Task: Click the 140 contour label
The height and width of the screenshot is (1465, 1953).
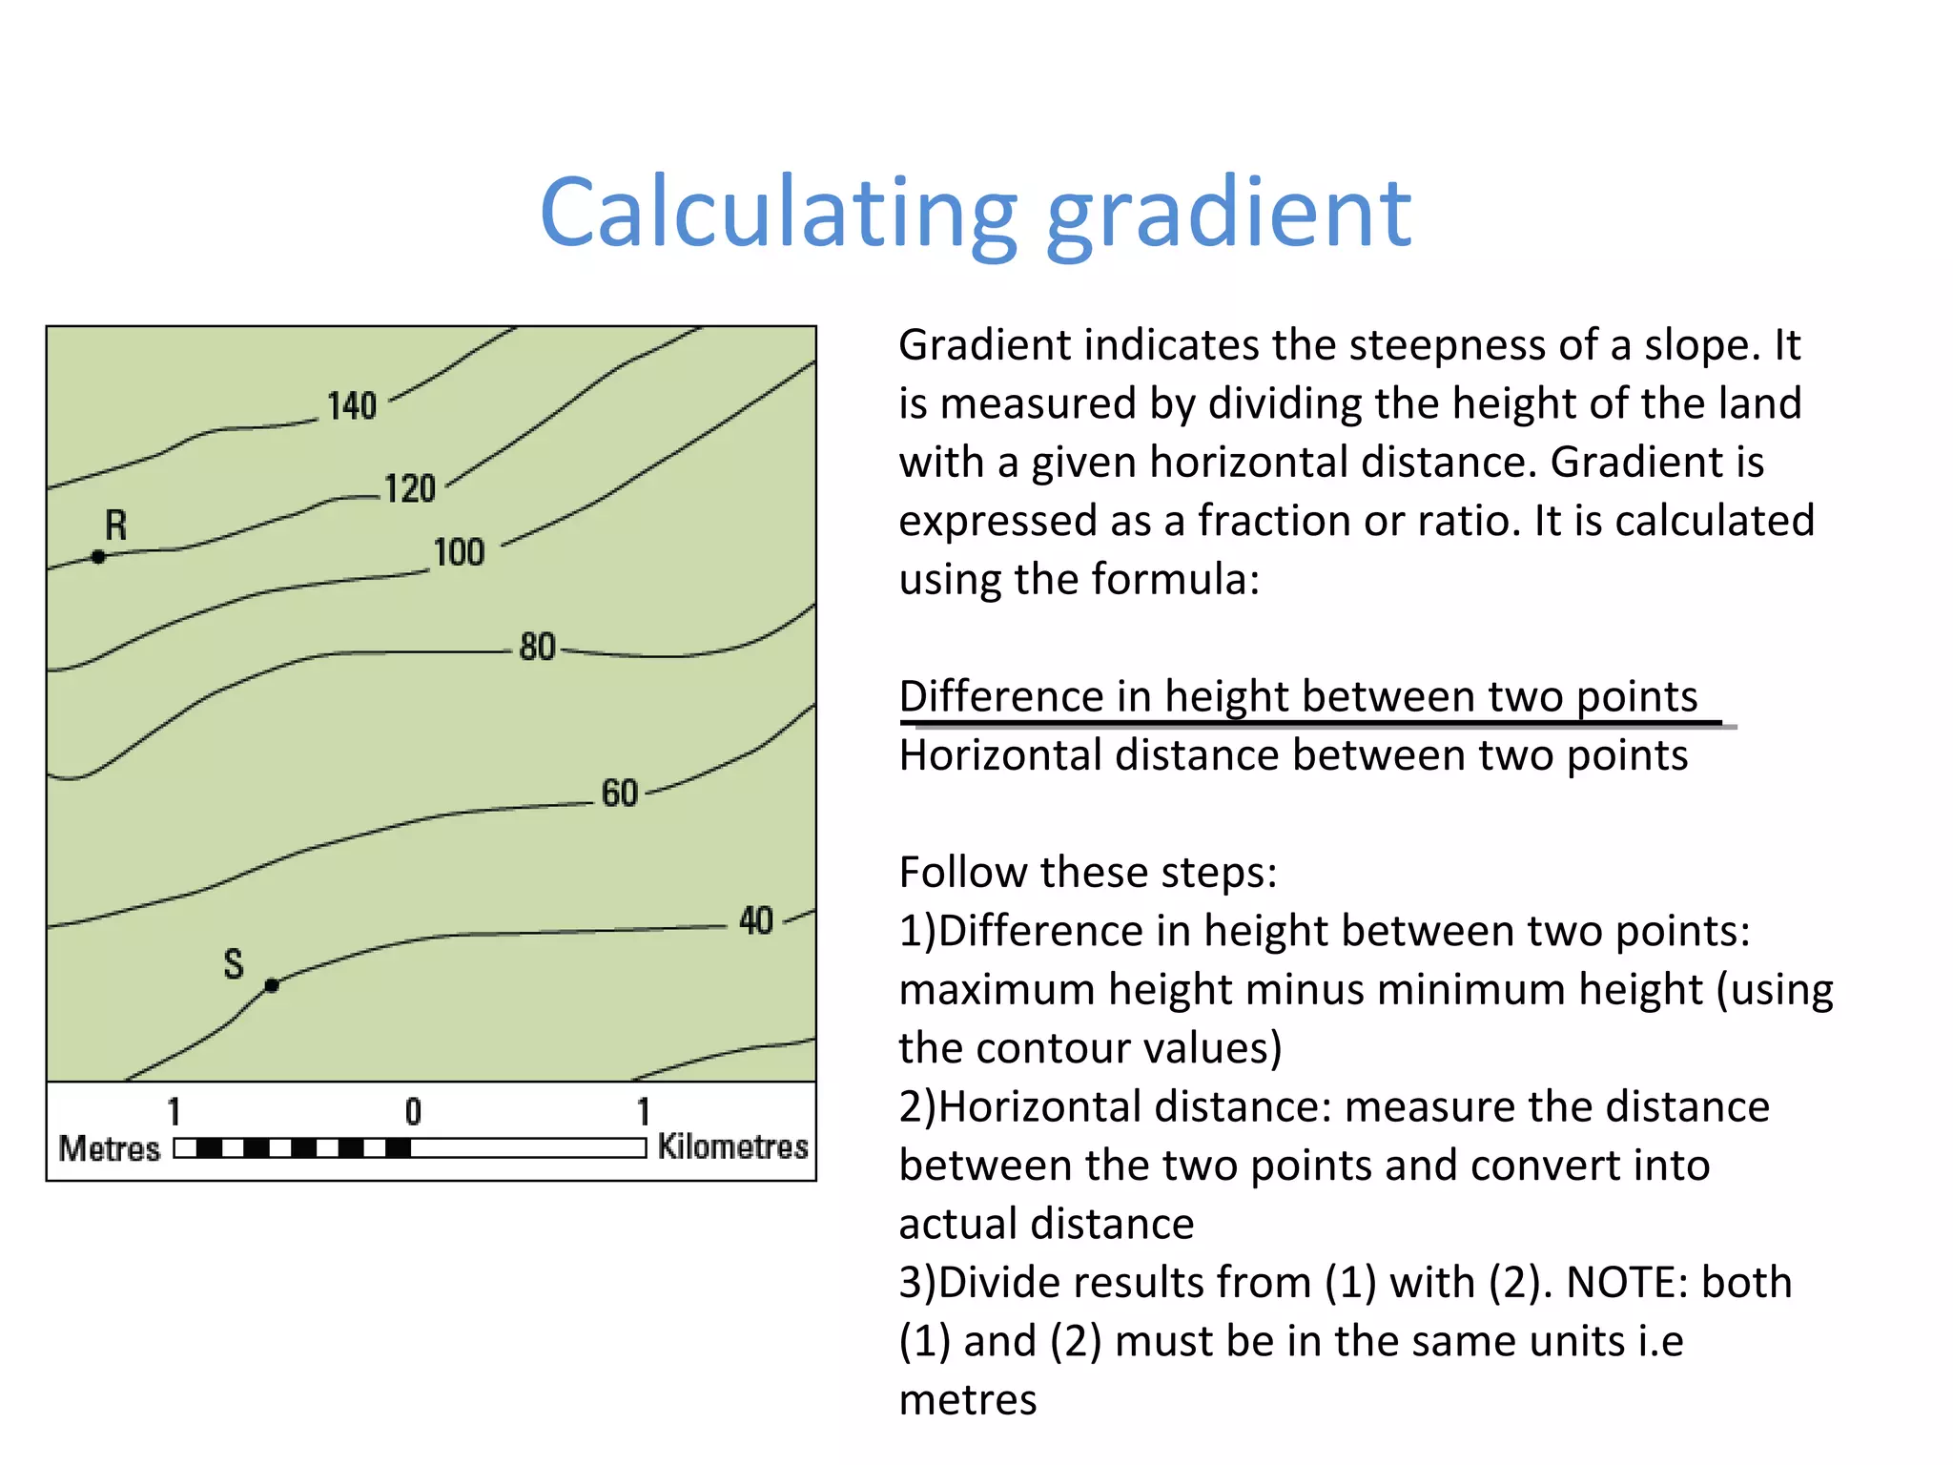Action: (x=352, y=405)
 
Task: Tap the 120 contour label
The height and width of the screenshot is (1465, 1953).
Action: (x=410, y=488)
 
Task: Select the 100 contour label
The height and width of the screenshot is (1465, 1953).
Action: (x=459, y=552)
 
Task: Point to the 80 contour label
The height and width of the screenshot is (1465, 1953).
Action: (x=537, y=647)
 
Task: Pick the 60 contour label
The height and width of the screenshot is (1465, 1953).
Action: (x=619, y=793)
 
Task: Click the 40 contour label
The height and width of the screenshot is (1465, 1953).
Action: (x=756, y=920)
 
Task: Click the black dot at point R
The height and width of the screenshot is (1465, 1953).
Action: (x=98, y=556)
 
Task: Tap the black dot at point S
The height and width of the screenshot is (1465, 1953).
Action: (x=272, y=985)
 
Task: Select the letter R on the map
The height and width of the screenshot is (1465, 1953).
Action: (x=115, y=525)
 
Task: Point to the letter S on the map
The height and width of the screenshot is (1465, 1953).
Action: (x=234, y=963)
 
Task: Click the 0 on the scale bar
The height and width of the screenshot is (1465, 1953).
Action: (x=413, y=1111)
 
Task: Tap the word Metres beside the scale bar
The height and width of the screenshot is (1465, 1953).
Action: (x=110, y=1148)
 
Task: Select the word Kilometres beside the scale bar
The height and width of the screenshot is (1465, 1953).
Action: (x=732, y=1146)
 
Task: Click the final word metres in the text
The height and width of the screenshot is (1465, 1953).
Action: (x=968, y=1400)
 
